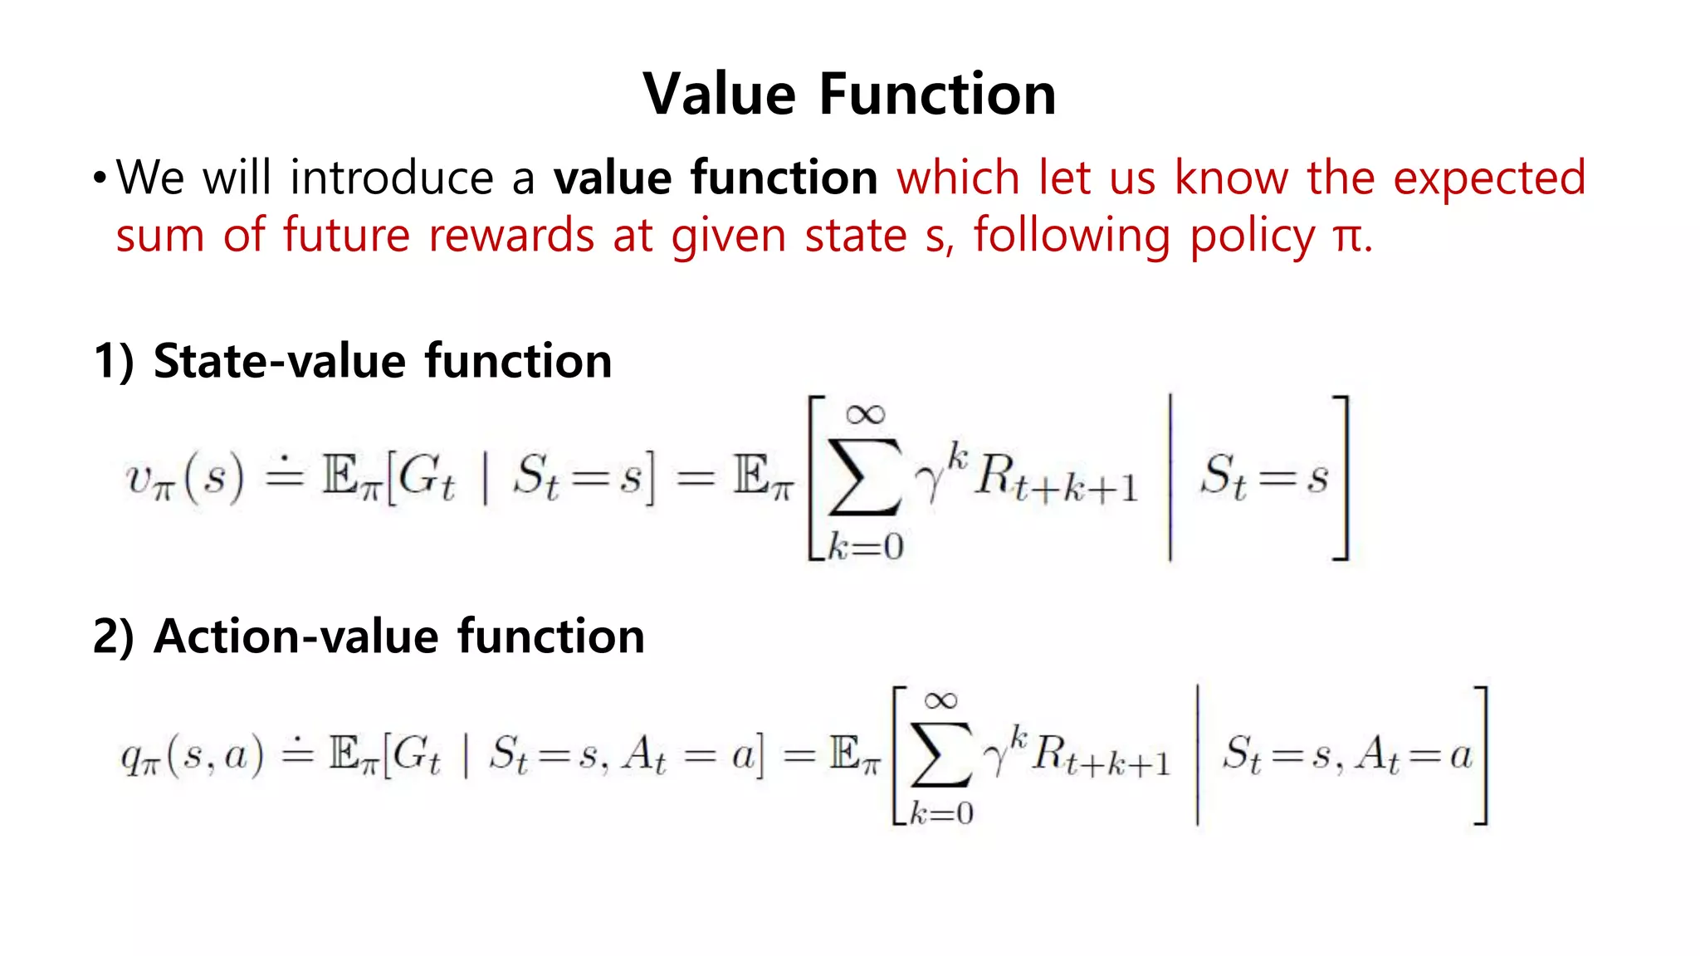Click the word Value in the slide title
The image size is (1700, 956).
(720, 94)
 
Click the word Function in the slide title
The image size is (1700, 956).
(937, 94)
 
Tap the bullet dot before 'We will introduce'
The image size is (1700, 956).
(100, 178)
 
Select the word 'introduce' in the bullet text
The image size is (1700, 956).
(392, 178)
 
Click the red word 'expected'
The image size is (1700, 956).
(1489, 178)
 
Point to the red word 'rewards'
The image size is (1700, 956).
(511, 236)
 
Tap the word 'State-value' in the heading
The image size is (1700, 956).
(280, 362)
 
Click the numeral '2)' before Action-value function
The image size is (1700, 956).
(114, 637)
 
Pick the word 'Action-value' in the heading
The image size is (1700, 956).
(296, 637)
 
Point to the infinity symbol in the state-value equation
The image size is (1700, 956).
(865, 414)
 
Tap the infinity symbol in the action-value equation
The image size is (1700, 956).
(940, 701)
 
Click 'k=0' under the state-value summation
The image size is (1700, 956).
(865, 547)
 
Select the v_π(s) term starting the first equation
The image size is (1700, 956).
(184, 479)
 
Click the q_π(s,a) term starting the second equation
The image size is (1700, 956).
(192, 756)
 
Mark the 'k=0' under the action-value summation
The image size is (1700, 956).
(940, 812)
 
